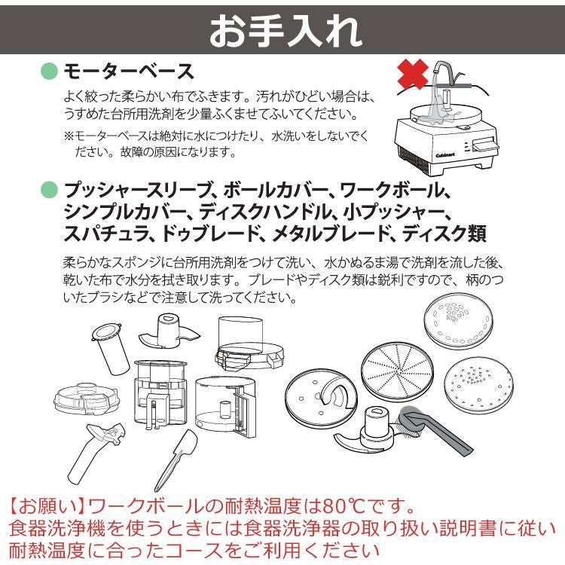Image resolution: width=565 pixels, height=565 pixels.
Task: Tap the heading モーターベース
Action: click(128, 72)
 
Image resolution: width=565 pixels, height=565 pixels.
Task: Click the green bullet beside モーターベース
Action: click(49, 72)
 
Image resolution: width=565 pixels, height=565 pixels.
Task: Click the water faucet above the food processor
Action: click(444, 75)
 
